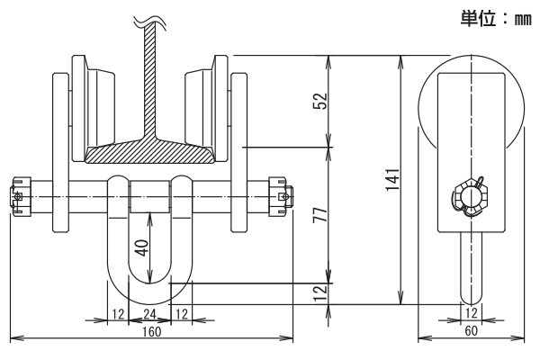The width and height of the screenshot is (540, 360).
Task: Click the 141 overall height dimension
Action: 393,179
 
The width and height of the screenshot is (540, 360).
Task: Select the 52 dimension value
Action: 319,101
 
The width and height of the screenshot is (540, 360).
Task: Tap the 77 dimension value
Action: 319,214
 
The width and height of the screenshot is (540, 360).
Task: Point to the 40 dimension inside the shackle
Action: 141,247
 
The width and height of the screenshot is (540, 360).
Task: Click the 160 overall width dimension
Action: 152,332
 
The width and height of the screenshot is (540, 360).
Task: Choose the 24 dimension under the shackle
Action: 149,314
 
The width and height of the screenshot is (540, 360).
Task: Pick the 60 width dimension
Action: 471,330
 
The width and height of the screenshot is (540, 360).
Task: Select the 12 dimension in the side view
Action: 471,313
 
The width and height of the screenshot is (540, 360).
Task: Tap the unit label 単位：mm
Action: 496,18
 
